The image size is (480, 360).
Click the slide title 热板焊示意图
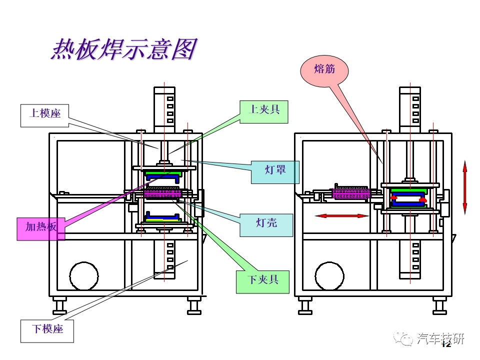[124, 49]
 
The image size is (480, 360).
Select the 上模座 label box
[44, 115]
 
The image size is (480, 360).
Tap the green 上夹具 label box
[264, 111]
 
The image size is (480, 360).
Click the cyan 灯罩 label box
[275, 172]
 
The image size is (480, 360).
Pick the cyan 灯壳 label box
[266, 225]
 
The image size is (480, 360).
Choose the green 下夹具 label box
[262, 282]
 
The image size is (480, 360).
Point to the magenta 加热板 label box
[41, 229]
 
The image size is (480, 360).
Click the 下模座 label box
[47, 331]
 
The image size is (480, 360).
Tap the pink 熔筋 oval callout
[324, 71]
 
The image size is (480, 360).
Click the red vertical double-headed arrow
[464, 187]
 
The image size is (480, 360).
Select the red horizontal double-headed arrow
[342, 216]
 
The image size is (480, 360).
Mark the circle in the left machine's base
[84, 276]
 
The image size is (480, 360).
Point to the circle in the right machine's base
[329, 276]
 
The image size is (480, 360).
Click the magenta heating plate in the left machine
[163, 193]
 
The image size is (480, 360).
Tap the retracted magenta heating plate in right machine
[351, 192]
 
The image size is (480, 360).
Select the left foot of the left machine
[59, 305]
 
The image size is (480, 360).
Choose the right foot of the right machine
[439, 305]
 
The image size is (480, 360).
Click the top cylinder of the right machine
[410, 109]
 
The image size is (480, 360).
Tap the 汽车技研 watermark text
[440, 338]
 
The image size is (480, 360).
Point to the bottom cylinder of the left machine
[164, 259]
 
